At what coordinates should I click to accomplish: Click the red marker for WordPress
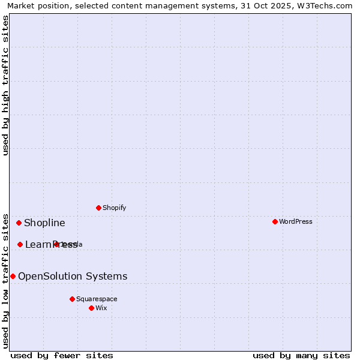(x=275, y=221)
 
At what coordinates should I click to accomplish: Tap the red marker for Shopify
(x=98, y=208)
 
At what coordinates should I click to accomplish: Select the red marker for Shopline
(x=19, y=223)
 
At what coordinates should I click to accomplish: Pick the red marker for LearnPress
(x=20, y=244)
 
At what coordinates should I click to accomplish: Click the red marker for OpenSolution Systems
(x=13, y=276)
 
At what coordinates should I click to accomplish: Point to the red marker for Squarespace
(x=72, y=299)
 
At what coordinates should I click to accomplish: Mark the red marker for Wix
(x=91, y=308)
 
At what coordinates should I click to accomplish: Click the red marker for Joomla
(x=56, y=244)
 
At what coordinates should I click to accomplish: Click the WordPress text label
(x=296, y=221)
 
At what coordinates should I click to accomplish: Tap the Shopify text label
(x=115, y=208)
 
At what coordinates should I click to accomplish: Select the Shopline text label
(x=44, y=223)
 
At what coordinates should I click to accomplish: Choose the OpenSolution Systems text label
(x=73, y=276)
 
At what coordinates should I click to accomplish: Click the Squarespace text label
(x=97, y=299)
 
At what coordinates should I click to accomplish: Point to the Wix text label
(x=101, y=308)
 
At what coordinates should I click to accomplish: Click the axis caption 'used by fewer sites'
(x=62, y=355)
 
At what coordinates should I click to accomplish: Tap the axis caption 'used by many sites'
(x=301, y=355)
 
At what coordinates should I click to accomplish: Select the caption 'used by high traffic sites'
(x=6, y=85)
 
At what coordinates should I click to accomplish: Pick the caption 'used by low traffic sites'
(x=6, y=280)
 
